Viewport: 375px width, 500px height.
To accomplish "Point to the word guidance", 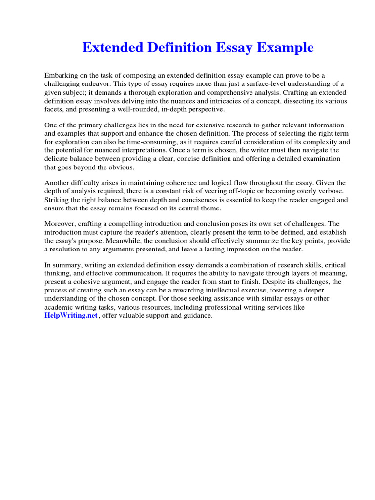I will (x=195, y=315).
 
